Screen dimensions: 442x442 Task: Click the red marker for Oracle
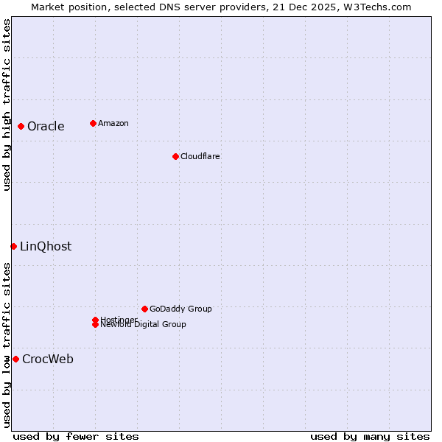21,126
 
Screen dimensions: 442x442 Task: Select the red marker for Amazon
93,123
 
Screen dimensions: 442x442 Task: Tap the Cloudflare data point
175,156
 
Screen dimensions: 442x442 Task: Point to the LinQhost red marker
13,246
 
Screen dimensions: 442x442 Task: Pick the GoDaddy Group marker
144,309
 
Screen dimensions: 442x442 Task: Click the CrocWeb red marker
15,359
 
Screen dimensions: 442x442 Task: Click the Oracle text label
46,126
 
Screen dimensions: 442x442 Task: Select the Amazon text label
113,123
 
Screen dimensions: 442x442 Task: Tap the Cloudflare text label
200,156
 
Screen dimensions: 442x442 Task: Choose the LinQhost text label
46,246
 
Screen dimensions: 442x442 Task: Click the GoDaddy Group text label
180,309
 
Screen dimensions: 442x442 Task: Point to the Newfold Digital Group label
144,324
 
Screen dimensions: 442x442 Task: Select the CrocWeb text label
48,359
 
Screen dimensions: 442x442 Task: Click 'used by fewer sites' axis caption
76,436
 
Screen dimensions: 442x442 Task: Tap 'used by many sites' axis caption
370,436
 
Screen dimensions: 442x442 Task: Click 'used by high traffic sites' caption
7,105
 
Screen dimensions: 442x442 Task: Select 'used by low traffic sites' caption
7,345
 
